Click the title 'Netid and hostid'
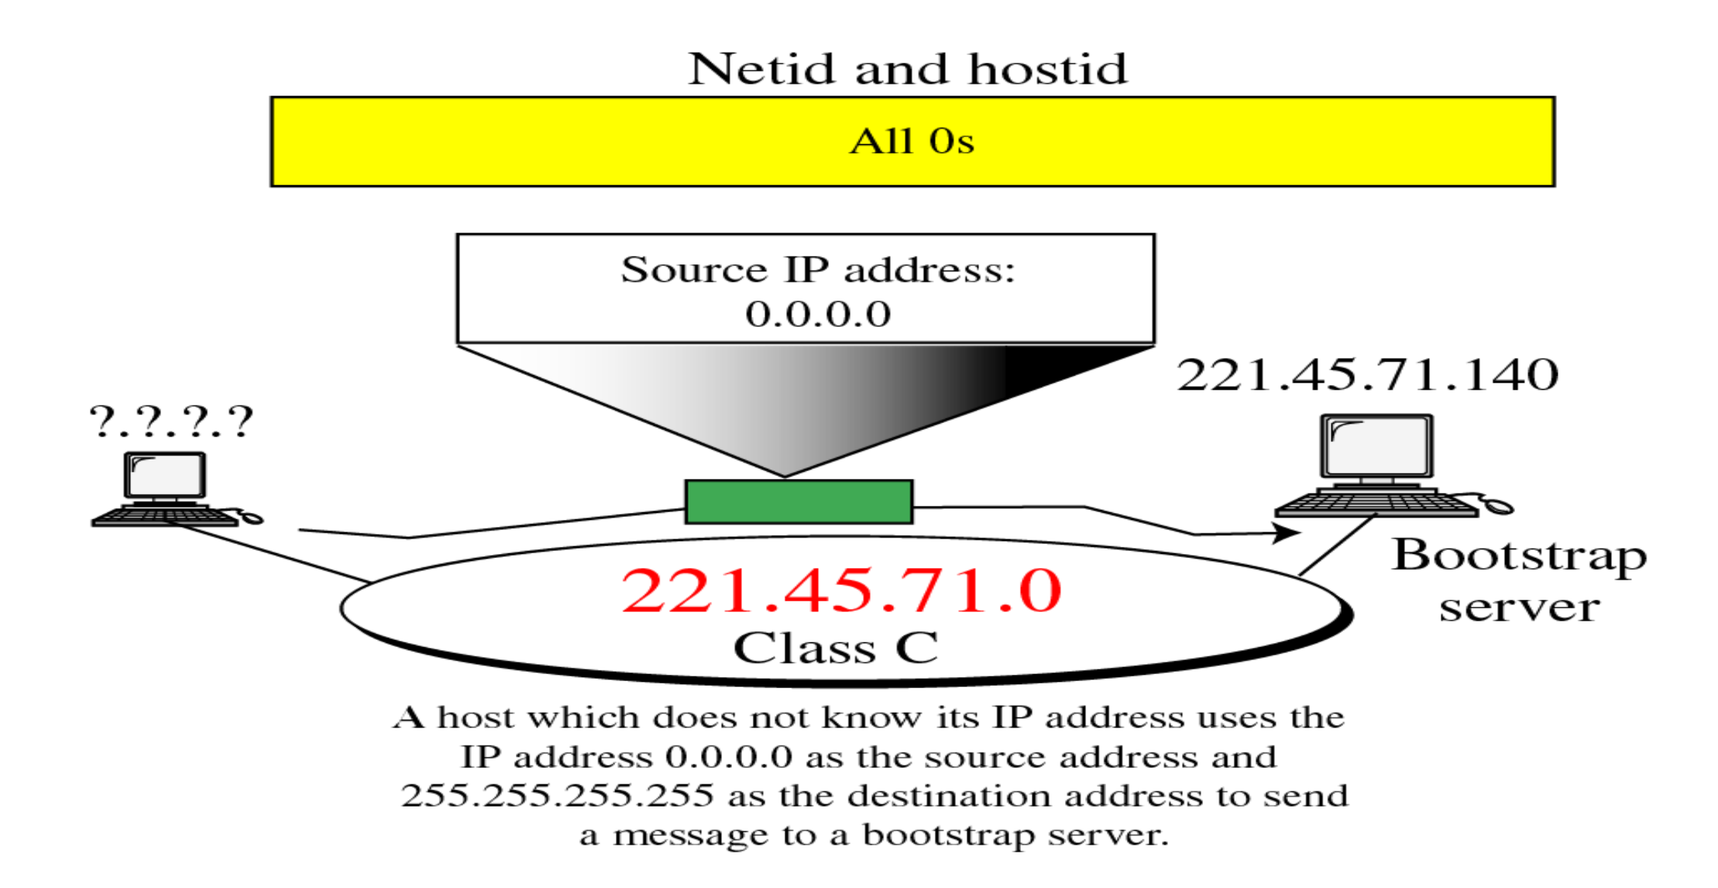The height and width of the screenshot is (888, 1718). point(907,69)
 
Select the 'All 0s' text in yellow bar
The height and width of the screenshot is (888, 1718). point(912,142)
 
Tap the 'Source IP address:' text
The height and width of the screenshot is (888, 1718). point(817,270)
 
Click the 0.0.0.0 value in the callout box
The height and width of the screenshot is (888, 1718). point(818,315)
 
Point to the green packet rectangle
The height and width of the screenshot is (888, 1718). point(799,502)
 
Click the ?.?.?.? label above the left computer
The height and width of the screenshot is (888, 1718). point(171,422)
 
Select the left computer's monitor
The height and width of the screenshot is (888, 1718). point(165,476)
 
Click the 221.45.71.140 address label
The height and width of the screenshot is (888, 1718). point(1367,376)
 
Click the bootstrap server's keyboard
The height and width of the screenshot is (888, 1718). point(1376,504)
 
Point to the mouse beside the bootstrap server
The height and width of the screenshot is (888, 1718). point(1498,506)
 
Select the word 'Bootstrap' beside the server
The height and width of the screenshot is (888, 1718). point(1518,556)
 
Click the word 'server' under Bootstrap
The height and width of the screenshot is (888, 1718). point(1519,607)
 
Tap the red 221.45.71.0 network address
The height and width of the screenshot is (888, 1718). point(841,591)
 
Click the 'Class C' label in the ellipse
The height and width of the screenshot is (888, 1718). point(836,648)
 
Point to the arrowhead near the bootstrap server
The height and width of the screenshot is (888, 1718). point(1288,532)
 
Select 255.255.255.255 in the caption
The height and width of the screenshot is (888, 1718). point(557,796)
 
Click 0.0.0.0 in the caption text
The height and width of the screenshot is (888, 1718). point(728,757)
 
